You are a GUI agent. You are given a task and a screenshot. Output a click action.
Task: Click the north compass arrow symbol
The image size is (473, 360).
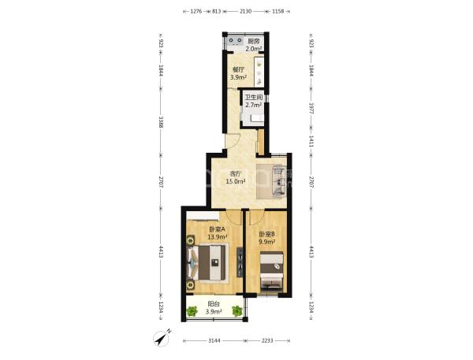(x=162, y=338)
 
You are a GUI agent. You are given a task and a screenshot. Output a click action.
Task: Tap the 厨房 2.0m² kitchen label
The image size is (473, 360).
(x=253, y=45)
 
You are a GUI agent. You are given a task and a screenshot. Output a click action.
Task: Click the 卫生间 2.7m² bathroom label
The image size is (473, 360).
(x=253, y=102)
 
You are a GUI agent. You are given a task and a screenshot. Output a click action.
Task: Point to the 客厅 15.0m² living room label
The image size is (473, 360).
(x=236, y=177)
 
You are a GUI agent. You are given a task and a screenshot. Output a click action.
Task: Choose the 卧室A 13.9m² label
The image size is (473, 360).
(x=218, y=233)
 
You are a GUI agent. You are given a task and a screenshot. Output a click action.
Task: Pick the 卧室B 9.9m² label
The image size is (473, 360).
(x=267, y=238)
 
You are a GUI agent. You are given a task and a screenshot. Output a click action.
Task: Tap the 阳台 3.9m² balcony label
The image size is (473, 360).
(x=214, y=308)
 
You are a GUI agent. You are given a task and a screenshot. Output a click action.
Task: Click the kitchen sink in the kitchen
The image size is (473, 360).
(x=235, y=41)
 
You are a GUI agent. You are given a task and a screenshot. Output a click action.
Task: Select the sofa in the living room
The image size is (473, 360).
(x=279, y=181)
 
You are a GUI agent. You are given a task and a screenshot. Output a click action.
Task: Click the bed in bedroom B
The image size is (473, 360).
(x=272, y=272)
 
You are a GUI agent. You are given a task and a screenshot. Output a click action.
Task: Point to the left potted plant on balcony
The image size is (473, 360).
(x=192, y=310)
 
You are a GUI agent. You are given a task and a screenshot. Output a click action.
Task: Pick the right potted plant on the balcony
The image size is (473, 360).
(x=237, y=310)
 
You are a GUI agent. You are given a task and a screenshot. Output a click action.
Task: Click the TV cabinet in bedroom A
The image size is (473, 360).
(x=240, y=262)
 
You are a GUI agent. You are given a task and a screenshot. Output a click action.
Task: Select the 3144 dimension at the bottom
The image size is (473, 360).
(x=214, y=341)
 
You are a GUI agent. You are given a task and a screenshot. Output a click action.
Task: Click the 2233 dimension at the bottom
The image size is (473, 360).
(x=267, y=341)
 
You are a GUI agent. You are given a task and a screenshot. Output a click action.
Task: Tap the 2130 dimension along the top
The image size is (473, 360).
(x=245, y=11)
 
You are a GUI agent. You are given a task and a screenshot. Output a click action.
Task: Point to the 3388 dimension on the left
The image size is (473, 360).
(x=161, y=122)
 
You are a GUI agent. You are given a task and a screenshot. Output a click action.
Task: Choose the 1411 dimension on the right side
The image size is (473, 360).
(x=311, y=142)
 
